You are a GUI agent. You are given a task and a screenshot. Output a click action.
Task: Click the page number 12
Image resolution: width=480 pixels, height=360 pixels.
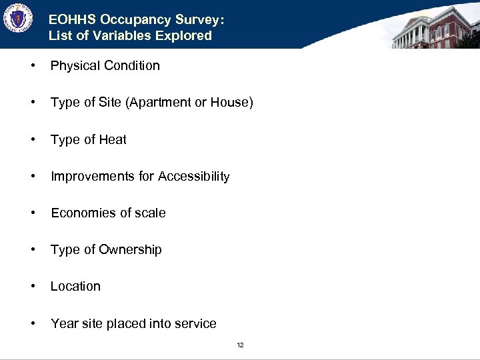[x=240, y=345]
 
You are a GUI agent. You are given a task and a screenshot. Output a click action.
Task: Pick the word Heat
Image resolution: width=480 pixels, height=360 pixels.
[x=113, y=139]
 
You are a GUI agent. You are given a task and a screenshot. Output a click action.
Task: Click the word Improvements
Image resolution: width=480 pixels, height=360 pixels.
[x=93, y=176]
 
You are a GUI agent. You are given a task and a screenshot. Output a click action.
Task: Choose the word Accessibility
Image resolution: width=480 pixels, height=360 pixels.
[x=193, y=176]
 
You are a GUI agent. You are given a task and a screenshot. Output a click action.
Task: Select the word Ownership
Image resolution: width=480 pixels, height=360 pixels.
[x=131, y=249]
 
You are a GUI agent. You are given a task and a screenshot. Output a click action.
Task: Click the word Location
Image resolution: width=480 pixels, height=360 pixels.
[x=75, y=286]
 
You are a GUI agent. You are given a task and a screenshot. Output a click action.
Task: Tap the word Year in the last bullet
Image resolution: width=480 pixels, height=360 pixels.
[x=64, y=323]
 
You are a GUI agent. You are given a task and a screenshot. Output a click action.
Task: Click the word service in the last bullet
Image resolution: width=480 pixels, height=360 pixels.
[x=195, y=323]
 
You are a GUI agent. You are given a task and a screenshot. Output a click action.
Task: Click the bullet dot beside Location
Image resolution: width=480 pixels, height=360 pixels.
[x=33, y=287]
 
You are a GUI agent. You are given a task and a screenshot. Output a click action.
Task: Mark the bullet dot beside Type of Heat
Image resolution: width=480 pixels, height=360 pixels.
[x=33, y=140]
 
